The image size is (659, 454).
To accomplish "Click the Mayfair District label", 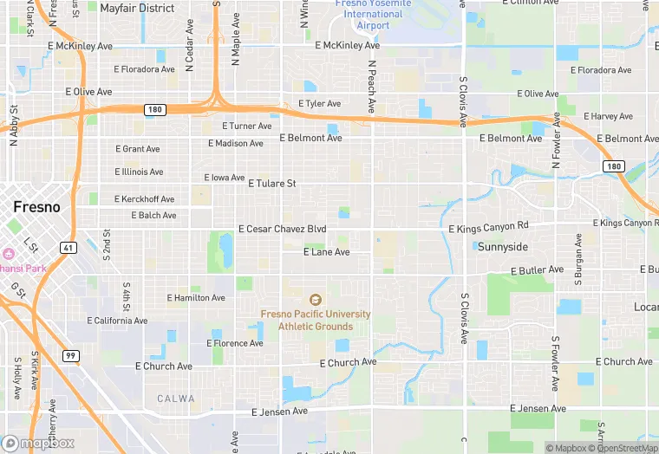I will pos(137,8).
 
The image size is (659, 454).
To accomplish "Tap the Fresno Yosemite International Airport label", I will pos(369,14).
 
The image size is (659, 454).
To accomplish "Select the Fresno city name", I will pos(36,207).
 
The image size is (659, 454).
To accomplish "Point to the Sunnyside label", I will pos(502,247).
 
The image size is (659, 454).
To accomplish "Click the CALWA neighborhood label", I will pos(176,398).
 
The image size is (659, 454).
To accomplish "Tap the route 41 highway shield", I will pos(68,247).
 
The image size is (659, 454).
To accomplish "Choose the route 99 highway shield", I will pos(70,355).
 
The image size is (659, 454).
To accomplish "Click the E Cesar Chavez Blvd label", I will pos(283,229).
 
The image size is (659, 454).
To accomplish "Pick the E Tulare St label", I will pos(272,184).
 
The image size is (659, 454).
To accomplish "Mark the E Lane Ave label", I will pos(326,252).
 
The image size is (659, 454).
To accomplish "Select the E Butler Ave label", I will pos(537,270).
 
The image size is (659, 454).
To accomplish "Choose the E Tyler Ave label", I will pos(319,104).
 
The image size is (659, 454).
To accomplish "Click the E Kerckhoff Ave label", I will pos(144,199).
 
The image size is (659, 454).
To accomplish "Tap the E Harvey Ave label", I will pos(608,116).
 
